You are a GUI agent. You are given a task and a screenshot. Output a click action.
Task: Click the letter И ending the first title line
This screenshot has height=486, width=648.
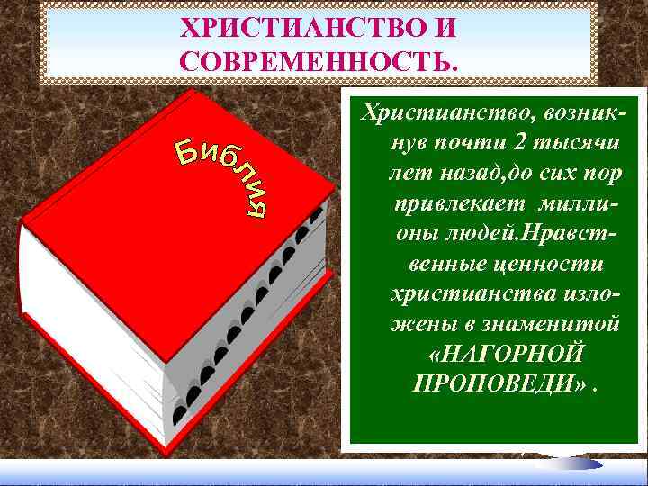pos(446,28)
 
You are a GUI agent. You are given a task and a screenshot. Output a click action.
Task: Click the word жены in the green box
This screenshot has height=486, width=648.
pos(420,323)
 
